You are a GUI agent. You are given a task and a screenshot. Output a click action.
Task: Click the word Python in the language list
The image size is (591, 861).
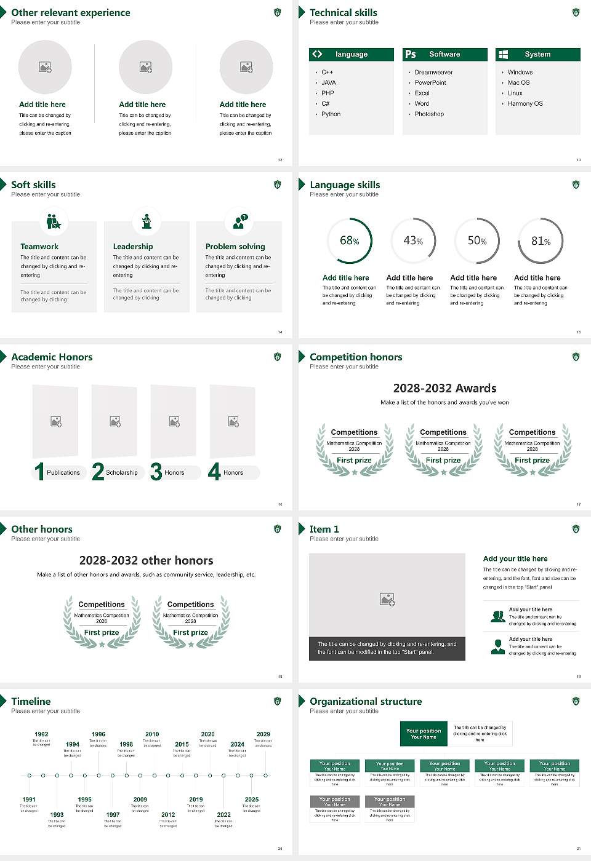pos(331,114)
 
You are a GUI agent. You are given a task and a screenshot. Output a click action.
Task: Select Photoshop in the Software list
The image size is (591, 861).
pos(429,114)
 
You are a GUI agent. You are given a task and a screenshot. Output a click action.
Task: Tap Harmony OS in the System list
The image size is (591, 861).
pos(525,104)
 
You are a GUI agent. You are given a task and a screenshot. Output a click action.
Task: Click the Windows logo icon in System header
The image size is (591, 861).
pos(503,54)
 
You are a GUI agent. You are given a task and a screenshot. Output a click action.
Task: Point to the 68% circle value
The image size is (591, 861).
pos(349,240)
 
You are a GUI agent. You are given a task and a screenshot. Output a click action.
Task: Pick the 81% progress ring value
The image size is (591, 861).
pos(541,241)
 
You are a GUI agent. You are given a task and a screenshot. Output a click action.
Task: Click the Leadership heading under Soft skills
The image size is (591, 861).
pos(133,247)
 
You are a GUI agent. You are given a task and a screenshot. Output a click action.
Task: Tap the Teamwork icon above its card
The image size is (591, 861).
pos(54,221)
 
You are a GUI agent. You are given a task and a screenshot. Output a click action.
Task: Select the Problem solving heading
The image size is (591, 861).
pos(235,247)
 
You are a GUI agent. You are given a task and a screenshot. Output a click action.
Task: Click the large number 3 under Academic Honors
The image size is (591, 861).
pos(156,472)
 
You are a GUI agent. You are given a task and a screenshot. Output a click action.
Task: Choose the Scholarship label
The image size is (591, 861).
pos(122,473)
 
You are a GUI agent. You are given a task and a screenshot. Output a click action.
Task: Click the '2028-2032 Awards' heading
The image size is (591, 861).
pos(444,389)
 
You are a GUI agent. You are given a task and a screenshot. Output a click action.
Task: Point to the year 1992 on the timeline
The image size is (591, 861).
pos(41,734)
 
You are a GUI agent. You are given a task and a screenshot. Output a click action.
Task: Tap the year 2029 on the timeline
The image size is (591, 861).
pos(263,734)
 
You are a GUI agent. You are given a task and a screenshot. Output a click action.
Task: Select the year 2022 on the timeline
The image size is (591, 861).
pos(224,815)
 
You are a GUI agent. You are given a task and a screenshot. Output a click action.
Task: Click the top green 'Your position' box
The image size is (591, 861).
pos(424,734)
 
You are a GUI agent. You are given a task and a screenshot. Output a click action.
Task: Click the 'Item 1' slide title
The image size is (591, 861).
pos(324,530)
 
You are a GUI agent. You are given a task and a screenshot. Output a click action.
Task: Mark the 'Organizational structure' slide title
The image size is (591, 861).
pos(366,702)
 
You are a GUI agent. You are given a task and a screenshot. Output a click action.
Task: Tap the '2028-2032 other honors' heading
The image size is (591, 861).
pos(147,561)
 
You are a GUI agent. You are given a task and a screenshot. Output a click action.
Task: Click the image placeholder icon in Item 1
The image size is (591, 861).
pos(387,599)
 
